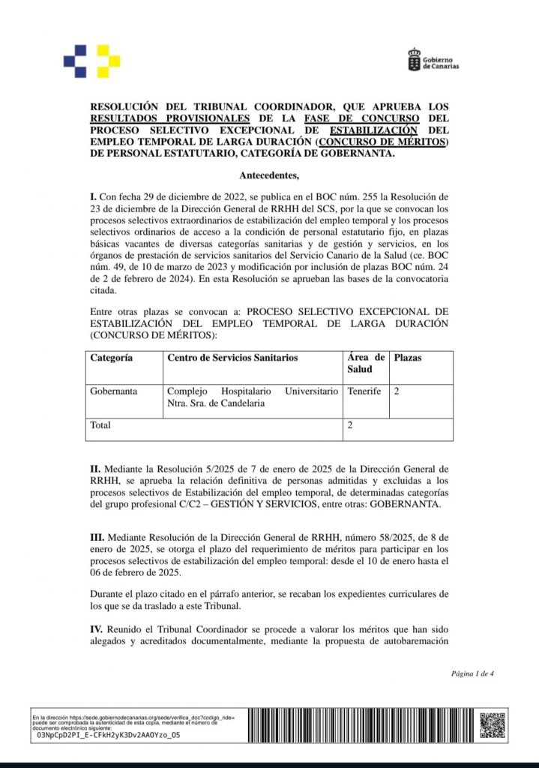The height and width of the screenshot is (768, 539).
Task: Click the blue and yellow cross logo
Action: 92,61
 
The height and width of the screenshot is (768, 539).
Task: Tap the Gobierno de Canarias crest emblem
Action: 414,60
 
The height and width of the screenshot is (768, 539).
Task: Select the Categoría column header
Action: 112,358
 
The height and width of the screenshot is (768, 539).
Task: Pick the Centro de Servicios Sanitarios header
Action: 232,358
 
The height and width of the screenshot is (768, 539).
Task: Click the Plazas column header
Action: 408,358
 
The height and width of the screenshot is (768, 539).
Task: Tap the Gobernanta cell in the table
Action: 113,391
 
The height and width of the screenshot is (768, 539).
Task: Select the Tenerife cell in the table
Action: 364,391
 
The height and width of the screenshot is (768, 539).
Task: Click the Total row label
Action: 100,425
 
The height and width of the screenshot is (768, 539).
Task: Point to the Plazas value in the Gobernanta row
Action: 397,391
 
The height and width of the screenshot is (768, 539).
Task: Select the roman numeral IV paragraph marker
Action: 96,629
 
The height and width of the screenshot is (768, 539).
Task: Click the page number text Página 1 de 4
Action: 472,673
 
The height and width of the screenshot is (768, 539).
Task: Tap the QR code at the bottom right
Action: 493,724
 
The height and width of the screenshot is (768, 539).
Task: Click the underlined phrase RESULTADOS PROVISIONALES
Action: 170,118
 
